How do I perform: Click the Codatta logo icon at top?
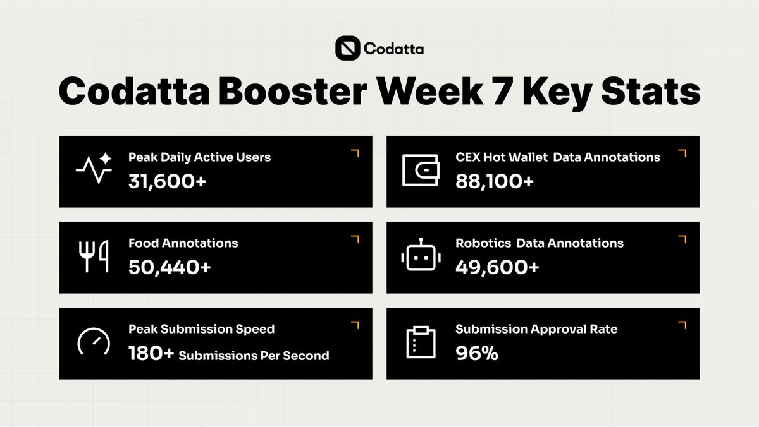click(x=347, y=48)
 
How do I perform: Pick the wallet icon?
click(x=420, y=170)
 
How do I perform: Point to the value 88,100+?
click(x=495, y=181)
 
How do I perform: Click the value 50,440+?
click(x=170, y=267)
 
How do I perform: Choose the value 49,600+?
click(x=497, y=267)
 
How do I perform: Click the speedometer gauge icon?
click(x=94, y=342)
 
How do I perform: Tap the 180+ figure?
click(x=151, y=353)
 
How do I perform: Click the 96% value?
click(x=477, y=353)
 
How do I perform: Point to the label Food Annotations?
click(x=183, y=243)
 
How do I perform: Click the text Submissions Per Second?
click(x=254, y=355)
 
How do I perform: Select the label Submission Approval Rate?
click(x=536, y=329)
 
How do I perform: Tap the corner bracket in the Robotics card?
click(x=682, y=239)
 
